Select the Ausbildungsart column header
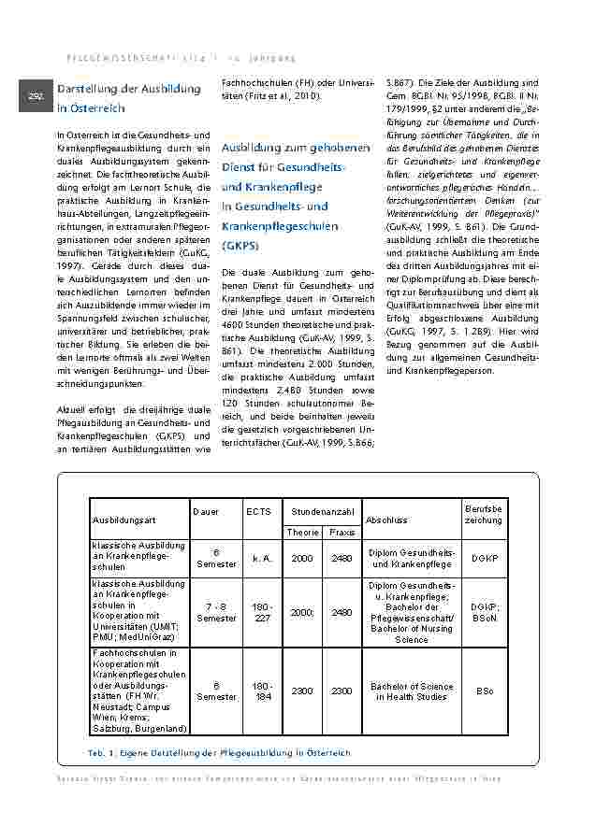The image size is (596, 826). (x=123, y=519)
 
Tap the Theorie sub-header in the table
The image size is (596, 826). (x=302, y=532)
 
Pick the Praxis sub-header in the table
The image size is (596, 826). (x=342, y=532)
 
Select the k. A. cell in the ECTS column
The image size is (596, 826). (x=261, y=558)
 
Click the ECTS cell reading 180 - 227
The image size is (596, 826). (x=261, y=612)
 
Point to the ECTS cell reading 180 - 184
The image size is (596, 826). (x=261, y=691)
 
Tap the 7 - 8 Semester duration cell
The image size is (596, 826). (x=216, y=612)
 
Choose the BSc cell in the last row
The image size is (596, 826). (x=484, y=691)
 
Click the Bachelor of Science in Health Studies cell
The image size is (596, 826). (x=412, y=691)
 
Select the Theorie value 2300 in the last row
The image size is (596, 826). (x=302, y=691)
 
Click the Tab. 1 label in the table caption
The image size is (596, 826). (x=99, y=752)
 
